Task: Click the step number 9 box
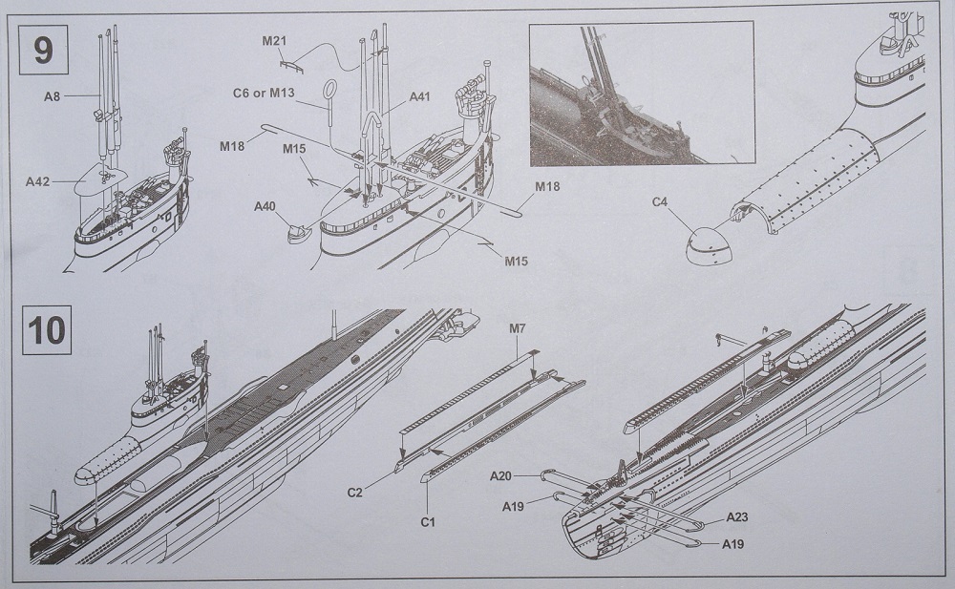coord(44,48)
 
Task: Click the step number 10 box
coord(47,330)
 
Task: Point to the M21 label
coord(276,41)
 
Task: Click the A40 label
coord(265,206)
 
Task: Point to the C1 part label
coord(427,522)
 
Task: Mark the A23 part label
coord(736,517)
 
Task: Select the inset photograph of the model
coord(641,93)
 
